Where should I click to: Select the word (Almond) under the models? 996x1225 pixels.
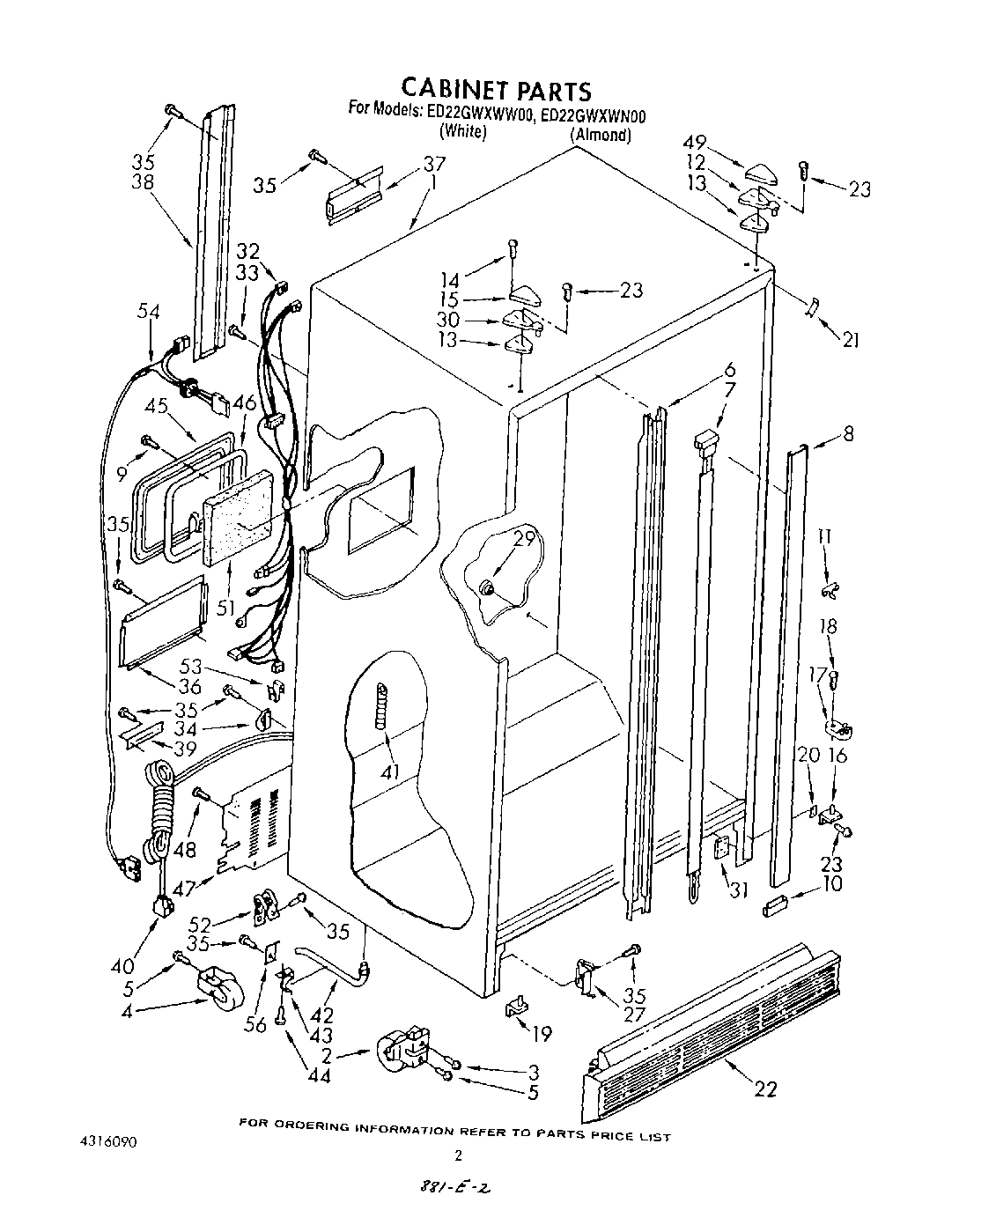click(601, 135)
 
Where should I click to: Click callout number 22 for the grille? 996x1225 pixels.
click(765, 1088)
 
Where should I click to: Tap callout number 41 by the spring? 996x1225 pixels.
click(389, 771)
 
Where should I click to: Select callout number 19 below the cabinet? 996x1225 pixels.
click(542, 1032)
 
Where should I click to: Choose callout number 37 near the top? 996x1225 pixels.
click(434, 164)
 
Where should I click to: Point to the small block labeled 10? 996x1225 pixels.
click(775, 904)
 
